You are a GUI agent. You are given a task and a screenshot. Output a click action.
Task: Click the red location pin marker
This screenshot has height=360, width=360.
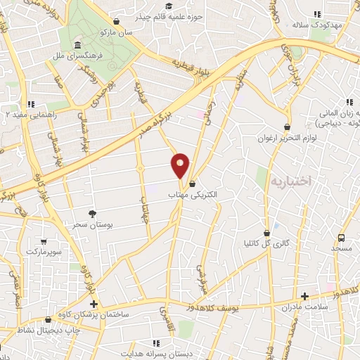181,165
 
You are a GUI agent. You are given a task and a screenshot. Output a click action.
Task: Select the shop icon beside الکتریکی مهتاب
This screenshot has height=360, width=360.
193,184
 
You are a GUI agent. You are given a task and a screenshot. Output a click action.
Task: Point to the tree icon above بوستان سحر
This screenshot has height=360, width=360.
92,213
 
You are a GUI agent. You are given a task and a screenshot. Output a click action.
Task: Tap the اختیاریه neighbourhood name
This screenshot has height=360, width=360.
288,181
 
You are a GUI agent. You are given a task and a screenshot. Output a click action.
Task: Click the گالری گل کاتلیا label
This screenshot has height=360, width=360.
266,243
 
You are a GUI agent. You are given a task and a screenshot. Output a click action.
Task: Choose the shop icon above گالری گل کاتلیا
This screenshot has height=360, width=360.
266,233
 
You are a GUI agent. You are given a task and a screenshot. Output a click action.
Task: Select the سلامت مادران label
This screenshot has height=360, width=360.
304,307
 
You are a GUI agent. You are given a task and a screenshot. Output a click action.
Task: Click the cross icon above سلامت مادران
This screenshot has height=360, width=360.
304,297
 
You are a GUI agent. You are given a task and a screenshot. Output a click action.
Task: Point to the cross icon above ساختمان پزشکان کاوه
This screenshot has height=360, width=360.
94,303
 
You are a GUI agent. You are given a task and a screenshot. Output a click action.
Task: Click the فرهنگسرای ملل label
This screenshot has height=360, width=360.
81,53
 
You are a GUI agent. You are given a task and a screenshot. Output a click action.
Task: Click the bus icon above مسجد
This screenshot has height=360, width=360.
341,238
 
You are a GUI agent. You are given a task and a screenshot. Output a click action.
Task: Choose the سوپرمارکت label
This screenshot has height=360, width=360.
44,250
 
